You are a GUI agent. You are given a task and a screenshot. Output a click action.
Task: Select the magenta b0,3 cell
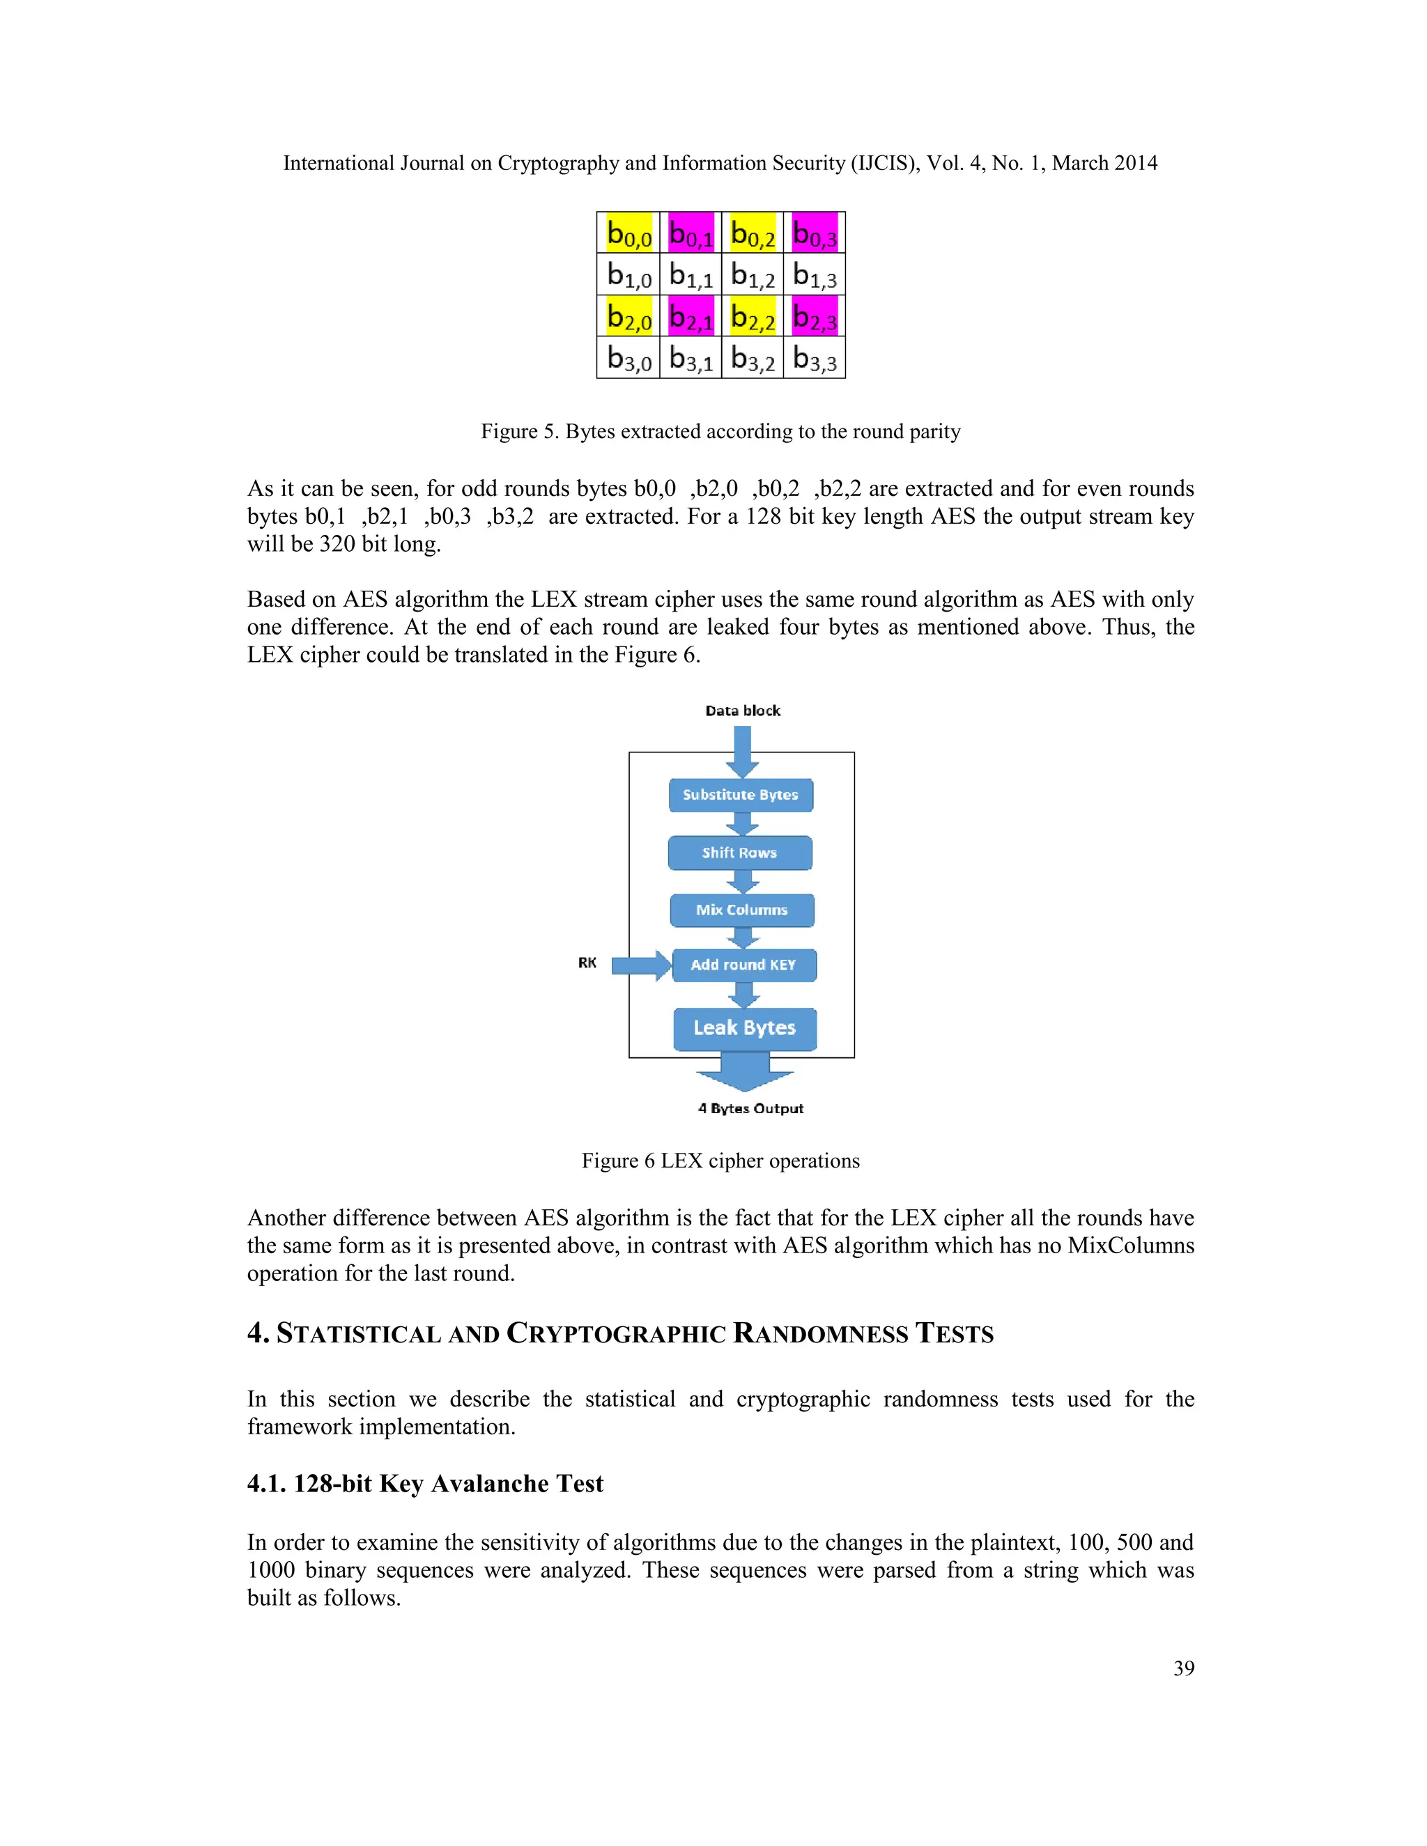pyautogui.click(x=814, y=233)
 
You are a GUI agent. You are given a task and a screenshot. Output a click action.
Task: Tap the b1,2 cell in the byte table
pyautogui.click(x=753, y=274)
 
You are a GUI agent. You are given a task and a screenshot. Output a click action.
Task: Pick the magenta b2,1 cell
pyautogui.click(x=691, y=316)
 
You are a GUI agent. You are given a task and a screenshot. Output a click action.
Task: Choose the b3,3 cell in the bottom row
pyautogui.click(x=814, y=357)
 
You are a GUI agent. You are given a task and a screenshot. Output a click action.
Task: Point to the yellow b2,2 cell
pyautogui.click(x=753, y=316)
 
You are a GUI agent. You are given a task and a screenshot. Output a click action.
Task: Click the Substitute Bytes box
pyautogui.click(x=741, y=795)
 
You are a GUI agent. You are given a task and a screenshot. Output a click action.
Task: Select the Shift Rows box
pyautogui.click(x=740, y=853)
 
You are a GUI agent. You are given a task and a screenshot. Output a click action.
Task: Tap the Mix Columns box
pyautogui.click(x=742, y=910)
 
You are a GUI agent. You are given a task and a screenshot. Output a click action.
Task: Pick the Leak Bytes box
pyautogui.click(x=745, y=1027)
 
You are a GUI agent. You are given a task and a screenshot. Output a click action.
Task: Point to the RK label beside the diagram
pyautogui.click(x=587, y=963)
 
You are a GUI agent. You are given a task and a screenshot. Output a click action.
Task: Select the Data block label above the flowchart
pyautogui.click(x=742, y=711)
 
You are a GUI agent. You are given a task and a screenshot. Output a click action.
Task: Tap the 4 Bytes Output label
pyautogui.click(x=750, y=1108)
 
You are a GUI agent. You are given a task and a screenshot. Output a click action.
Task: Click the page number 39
pyautogui.click(x=1184, y=1668)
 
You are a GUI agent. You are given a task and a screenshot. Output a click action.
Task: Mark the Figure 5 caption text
pyautogui.click(x=720, y=431)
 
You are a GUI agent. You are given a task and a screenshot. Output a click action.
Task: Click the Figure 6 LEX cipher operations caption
pyautogui.click(x=720, y=1161)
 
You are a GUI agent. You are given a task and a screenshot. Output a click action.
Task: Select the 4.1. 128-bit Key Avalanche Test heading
pyautogui.click(x=425, y=1483)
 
